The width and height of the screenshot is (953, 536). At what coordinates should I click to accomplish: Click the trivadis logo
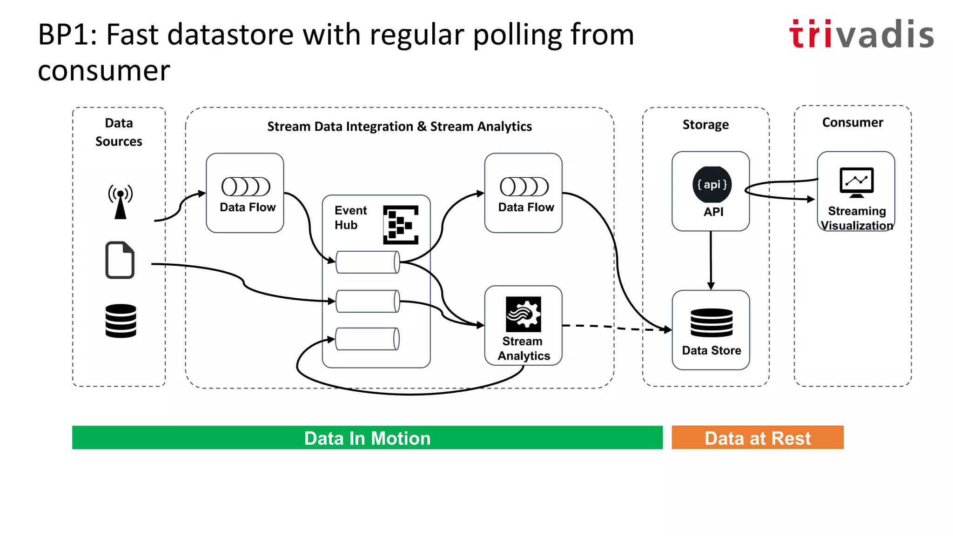[x=861, y=34]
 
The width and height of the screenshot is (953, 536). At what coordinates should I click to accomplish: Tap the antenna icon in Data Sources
[x=121, y=201]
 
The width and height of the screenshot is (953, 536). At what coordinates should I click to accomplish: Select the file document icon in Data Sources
[x=120, y=260]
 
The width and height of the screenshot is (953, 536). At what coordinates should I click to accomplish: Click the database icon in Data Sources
[x=121, y=321]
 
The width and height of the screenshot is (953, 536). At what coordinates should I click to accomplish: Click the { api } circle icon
[x=711, y=185]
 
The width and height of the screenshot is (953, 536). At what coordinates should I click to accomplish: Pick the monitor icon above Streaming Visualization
[x=856, y=182]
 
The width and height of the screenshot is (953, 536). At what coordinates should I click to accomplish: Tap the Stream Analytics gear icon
[x=523, y=314]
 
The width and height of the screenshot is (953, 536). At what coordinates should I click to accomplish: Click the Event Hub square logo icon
[x=401, y=225]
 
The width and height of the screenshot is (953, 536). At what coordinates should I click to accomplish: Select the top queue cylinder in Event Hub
[x=368, y=262]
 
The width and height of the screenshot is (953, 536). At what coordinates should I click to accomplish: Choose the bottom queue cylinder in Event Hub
[x=368, y=339]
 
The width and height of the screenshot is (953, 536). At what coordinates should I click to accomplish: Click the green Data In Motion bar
[x=367, y=438]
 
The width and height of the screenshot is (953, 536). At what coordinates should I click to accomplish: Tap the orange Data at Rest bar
[x=757, y=438]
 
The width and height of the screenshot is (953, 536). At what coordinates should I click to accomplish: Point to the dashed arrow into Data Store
[x=619, y=328]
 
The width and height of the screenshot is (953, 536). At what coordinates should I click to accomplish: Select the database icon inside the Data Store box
[x=711, y=322]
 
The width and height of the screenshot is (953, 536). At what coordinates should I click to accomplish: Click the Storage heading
[x=705, y=125]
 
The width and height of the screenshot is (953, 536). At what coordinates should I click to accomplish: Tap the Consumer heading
[x=852, y=122]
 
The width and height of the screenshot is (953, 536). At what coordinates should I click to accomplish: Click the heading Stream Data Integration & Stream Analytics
[x=399, y=127]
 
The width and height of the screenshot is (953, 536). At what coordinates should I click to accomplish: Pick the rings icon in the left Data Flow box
[x=246, y=187]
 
